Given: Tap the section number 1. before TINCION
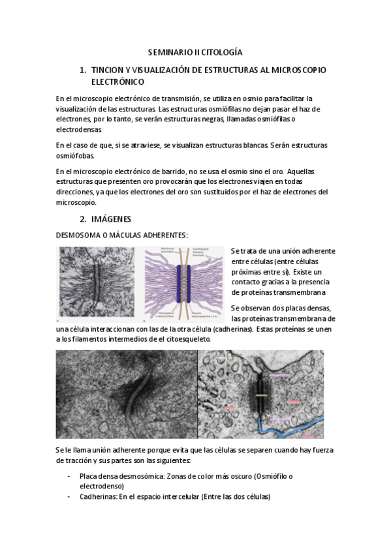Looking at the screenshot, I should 82,69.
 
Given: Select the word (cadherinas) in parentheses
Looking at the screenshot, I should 234,329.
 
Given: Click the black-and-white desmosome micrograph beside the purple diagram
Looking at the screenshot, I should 98,284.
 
